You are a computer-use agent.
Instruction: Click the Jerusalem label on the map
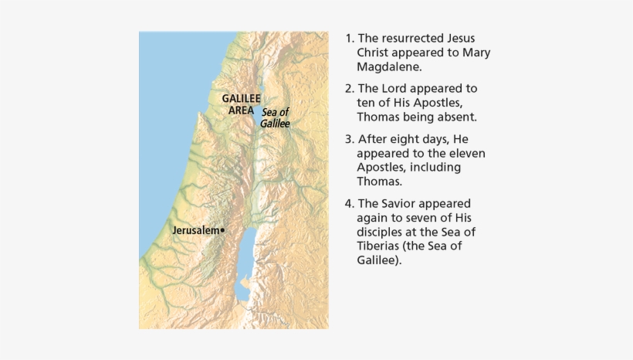(195, 230)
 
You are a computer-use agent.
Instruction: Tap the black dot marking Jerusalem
(222, 230)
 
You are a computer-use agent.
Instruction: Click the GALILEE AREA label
(241, 104)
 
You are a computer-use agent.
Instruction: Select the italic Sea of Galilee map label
(274, 117)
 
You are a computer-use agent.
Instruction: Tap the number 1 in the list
(348, 38)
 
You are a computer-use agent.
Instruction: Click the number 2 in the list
(348, 89)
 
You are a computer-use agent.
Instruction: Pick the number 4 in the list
(348, 204)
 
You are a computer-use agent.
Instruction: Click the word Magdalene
(389, 66)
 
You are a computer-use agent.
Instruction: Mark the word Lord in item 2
(393, 89)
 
